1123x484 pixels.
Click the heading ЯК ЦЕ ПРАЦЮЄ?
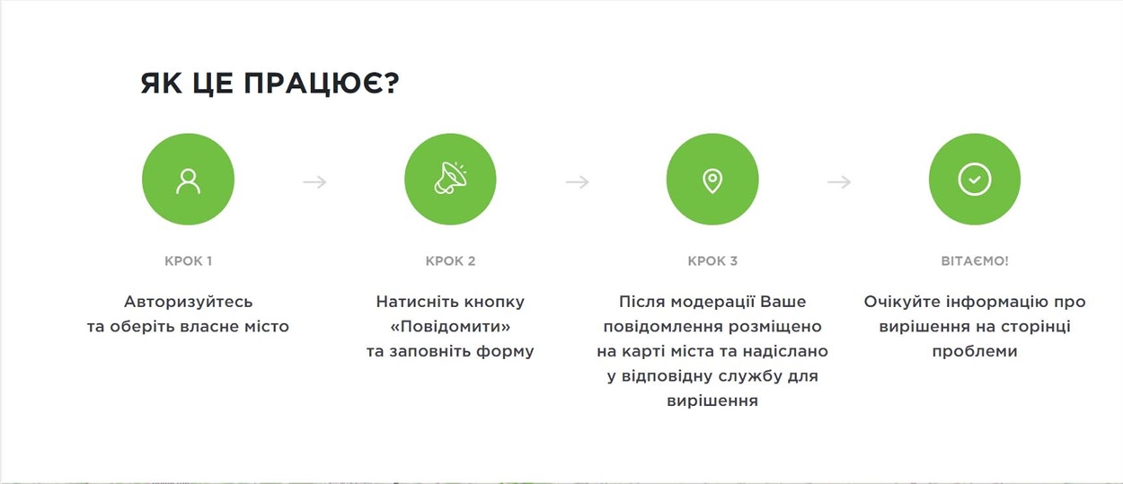tap(270, 84)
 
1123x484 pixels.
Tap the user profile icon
tap(188, 181)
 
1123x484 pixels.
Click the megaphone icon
tap(450, 179)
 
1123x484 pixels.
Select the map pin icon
tap(712, 180)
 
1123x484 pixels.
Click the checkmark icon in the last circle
tap(975, 179)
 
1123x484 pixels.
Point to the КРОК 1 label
tap(189, 261)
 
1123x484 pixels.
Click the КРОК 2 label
tap(450, 261)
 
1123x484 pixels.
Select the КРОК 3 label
tap(712, 261)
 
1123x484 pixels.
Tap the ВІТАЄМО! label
tap(975, 261)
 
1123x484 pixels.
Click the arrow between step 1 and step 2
tap(314, 181)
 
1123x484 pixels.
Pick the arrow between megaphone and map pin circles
tap(577, 181)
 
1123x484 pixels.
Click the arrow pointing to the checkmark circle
tap(839, 181)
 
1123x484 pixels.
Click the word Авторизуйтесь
tap(189, 302)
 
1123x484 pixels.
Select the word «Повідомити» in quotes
tap(450, 327)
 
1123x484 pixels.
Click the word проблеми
tap(975, 352)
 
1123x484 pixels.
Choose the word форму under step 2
tap(505, 352)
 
